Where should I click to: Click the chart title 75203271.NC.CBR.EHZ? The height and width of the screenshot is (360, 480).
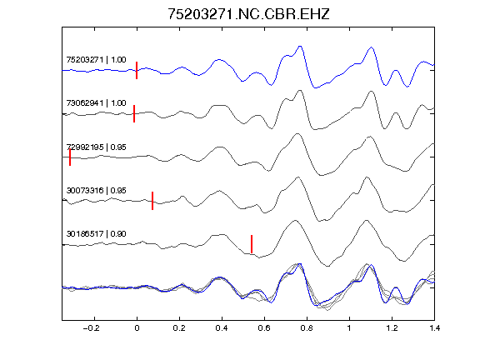(x=248, y=14)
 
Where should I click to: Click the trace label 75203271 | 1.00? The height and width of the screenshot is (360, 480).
(x=96, y=59)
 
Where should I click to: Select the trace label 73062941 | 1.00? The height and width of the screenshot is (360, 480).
(x=96, y=102)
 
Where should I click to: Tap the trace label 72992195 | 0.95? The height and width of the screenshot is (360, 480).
(x=96, y=147)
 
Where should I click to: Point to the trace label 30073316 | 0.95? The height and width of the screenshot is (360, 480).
(x=96, y=190)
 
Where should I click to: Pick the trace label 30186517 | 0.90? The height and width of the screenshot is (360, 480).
(x=96, y=234)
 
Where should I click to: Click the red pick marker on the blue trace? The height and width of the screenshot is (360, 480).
(x=137, y=70)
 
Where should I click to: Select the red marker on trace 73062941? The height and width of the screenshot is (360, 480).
(x=134, y=113)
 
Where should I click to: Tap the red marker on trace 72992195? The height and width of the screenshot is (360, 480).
(x=70, y=157)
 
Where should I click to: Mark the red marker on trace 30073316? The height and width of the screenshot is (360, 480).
(x=152, y=201)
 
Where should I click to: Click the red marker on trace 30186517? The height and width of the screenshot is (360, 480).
(x=252, y=244)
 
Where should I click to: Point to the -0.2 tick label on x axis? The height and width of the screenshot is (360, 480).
(x=91, y=328)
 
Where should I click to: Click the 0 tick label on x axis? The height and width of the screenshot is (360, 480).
(x=137, y=328)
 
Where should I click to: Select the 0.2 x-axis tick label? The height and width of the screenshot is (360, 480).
(x=179, y=328)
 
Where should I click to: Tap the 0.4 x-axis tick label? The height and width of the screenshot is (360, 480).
(x=222, y=328)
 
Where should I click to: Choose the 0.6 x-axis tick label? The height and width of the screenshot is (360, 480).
(x=264, y=328)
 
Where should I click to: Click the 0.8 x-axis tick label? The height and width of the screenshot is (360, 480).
(x=307, y=328)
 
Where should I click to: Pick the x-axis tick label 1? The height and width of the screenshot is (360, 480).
(x=349, y=328)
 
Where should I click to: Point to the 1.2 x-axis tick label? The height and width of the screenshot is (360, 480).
(x=392, y=328)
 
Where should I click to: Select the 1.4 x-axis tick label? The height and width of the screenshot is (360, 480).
(x=434, y=328)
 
